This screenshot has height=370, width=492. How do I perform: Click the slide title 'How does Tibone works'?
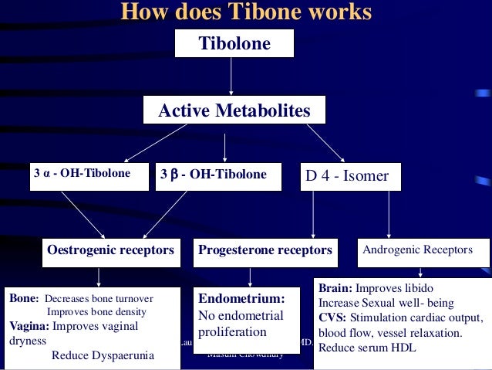tap(246, 12)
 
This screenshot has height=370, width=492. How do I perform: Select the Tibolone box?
tap(234, 44)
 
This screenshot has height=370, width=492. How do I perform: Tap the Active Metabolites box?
tap(234, 111)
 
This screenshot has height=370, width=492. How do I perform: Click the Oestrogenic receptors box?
tap(110, 251)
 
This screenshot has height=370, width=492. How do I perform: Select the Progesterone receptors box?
tap(265, 251)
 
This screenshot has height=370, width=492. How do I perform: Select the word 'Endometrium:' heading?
tap(242, 298)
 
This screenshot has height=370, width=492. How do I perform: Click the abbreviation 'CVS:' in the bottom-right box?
tap(334, 317)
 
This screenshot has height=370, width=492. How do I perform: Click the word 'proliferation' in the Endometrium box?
tap(232, 332)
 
